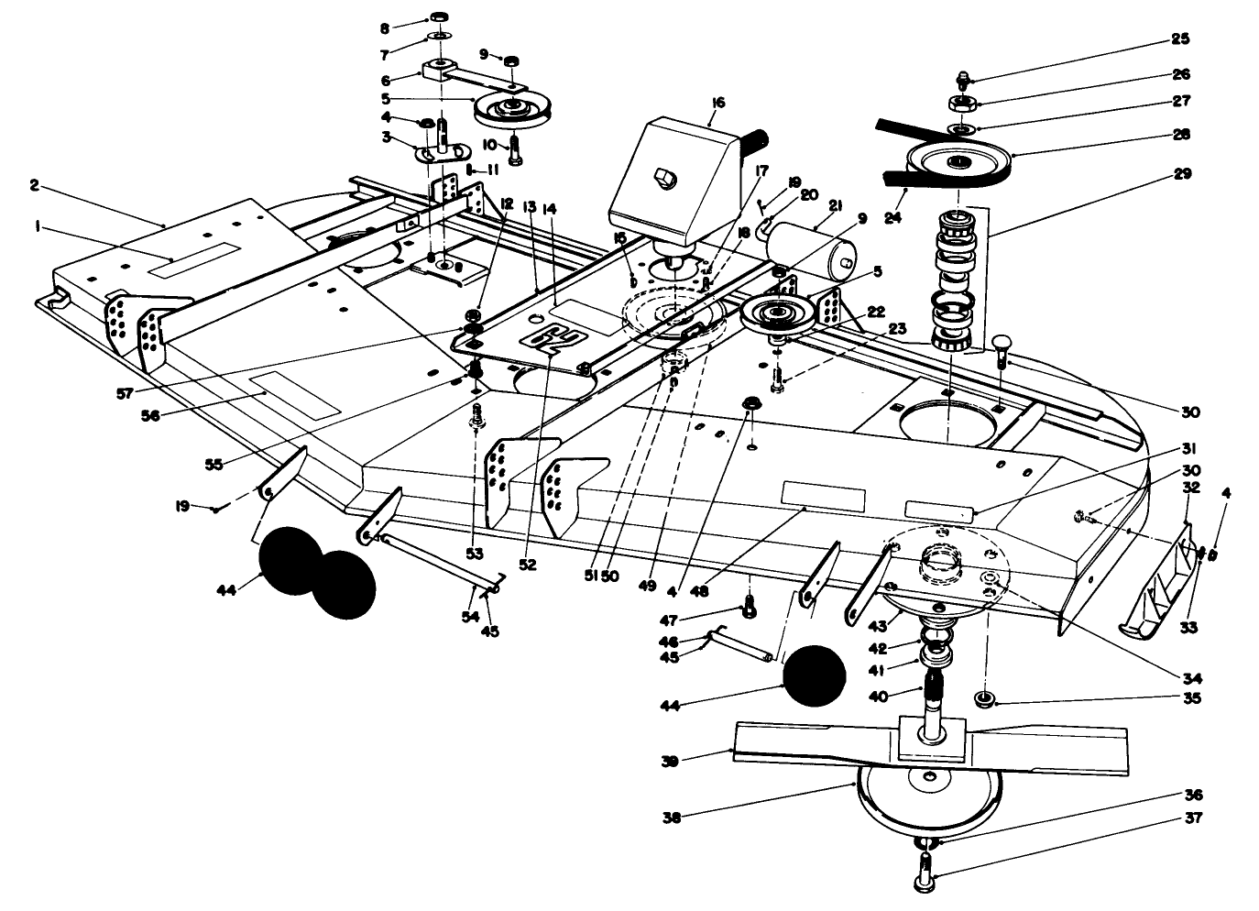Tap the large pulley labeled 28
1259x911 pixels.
[958, 163]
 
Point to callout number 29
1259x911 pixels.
[1183, 173]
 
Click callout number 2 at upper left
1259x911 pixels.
[34, 185]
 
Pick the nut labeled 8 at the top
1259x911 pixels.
[439, 17]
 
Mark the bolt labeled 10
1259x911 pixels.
[514, 148]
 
